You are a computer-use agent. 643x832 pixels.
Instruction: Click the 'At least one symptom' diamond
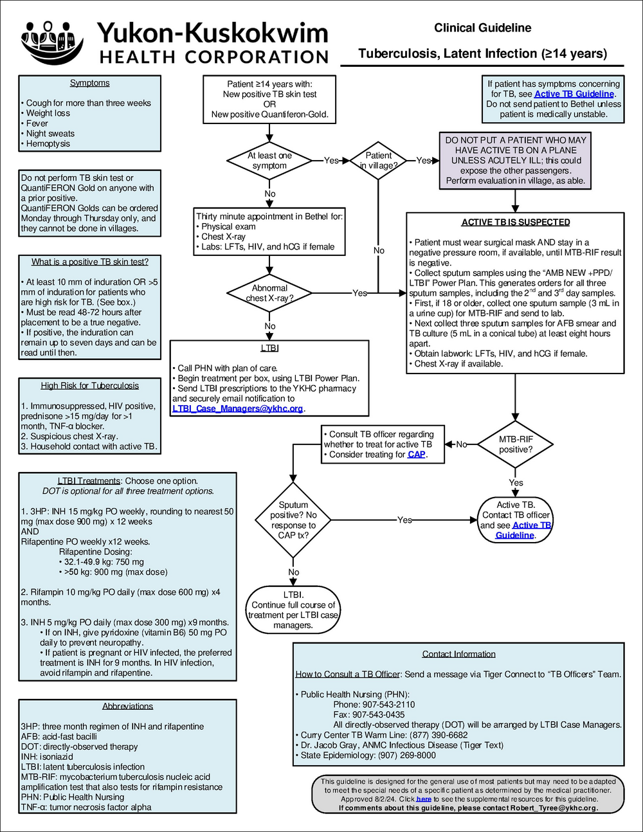[x=269, y=161]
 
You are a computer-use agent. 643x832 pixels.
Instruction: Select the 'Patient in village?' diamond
[x=378, y=160]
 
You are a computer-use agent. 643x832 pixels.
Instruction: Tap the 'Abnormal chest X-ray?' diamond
[x=269, y=293]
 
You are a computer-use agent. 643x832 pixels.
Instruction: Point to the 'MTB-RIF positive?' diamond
[x=515, y=444]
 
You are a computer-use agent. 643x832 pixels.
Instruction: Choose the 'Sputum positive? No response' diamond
[x=293, y=520]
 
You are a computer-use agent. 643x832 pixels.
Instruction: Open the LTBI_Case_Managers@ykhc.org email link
[x=237, y=409]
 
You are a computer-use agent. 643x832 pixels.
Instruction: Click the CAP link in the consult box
[x=416, y=455]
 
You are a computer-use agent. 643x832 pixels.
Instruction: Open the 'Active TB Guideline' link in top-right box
[x=574, y=94]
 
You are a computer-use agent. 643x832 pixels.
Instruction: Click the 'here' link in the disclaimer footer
[x=424, y=799]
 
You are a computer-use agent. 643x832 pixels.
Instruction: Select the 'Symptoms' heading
[x=89, y=83]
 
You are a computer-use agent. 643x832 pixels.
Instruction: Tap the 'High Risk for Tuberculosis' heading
[x=89, y=386]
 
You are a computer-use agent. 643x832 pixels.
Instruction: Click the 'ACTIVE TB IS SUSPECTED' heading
[x=515, y=222]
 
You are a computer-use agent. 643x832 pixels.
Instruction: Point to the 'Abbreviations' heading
[x=127, y=706]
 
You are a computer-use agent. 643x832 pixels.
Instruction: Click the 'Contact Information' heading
[x=458, y=654]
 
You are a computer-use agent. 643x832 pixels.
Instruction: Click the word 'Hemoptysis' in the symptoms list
[x=48, y=143]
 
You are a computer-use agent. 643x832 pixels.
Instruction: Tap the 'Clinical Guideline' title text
[x=482, y=28]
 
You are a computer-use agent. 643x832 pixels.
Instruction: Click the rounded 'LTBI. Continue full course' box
[x=293, y=610]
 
